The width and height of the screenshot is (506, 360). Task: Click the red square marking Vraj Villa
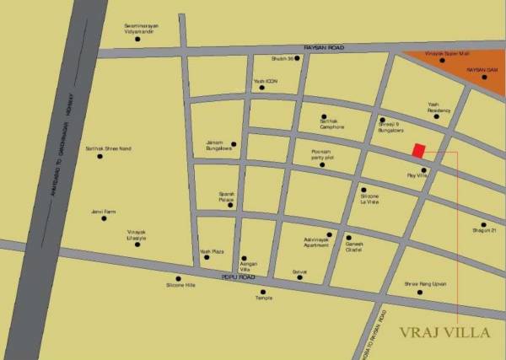tap(417, 150)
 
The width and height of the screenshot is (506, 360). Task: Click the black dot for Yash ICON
tap(261, 88)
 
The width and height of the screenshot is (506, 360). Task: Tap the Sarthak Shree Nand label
tap(109, 148)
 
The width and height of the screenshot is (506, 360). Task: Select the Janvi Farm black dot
tap(104, 218)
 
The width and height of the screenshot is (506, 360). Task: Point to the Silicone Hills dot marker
tap(178, 278)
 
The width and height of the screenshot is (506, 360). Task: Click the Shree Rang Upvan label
tap(424, 284)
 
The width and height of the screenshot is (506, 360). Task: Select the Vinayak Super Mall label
tap(444, 53)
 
